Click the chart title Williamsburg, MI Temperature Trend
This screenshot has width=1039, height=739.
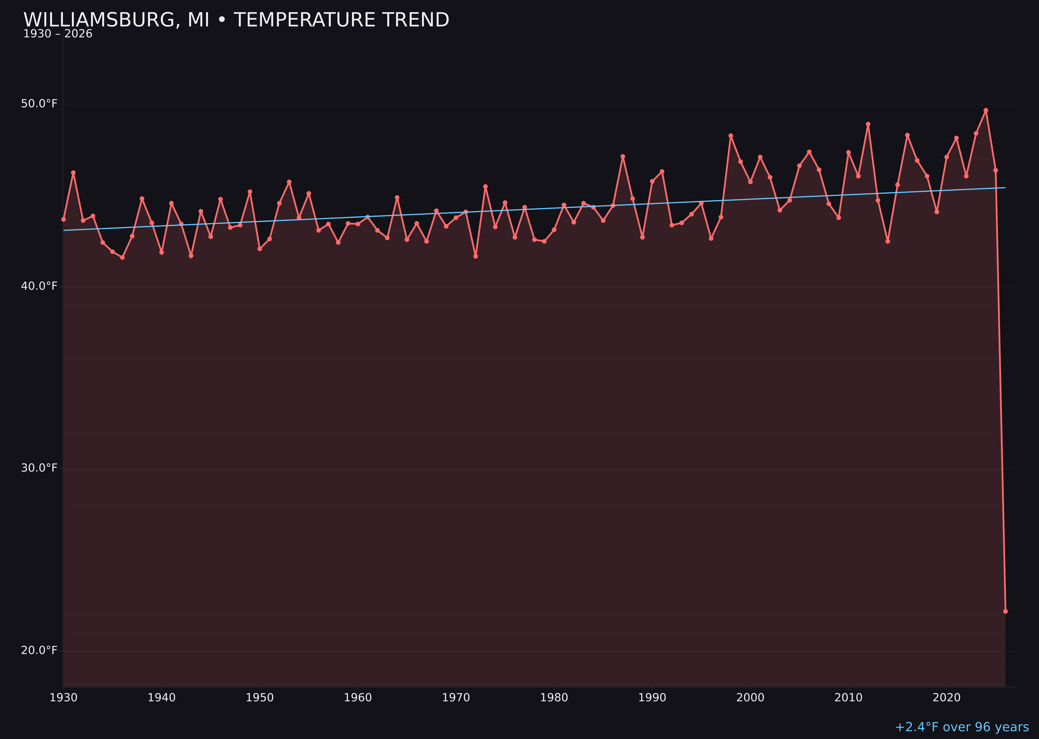tap(236, 20)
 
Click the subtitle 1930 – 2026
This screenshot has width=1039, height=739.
tap(58, 34)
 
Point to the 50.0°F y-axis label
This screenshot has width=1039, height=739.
tap(39, 104)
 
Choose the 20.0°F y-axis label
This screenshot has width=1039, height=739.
tap(39, 651)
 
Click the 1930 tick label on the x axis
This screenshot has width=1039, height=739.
tap(63, 698)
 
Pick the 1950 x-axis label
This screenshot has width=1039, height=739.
tap(260, 698)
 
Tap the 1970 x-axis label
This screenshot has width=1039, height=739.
tap(456, 698)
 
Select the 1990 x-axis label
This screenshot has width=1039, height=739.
tap(652, 698)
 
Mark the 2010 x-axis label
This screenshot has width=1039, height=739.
tap(848, 698)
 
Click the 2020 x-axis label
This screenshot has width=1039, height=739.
tap(947, 698)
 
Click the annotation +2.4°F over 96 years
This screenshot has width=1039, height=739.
tap(962, 727)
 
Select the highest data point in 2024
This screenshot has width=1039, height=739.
tap(986, 110)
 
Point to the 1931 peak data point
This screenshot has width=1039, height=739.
tap(73, 173)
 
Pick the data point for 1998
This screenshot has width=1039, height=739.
tap(731, 136)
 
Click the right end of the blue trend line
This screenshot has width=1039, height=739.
tap(1005, 188)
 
